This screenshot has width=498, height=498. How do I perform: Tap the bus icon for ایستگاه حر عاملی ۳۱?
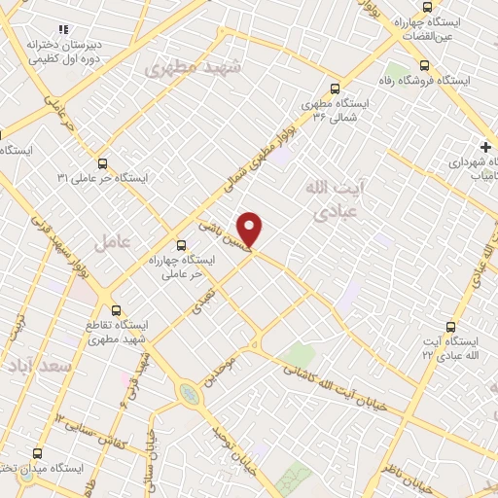[103, 163]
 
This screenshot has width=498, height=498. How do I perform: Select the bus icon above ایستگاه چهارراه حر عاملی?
[181, 245]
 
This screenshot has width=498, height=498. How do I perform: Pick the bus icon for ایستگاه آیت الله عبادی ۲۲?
[449, 327]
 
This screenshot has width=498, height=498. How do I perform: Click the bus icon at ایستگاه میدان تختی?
[38, 452]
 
